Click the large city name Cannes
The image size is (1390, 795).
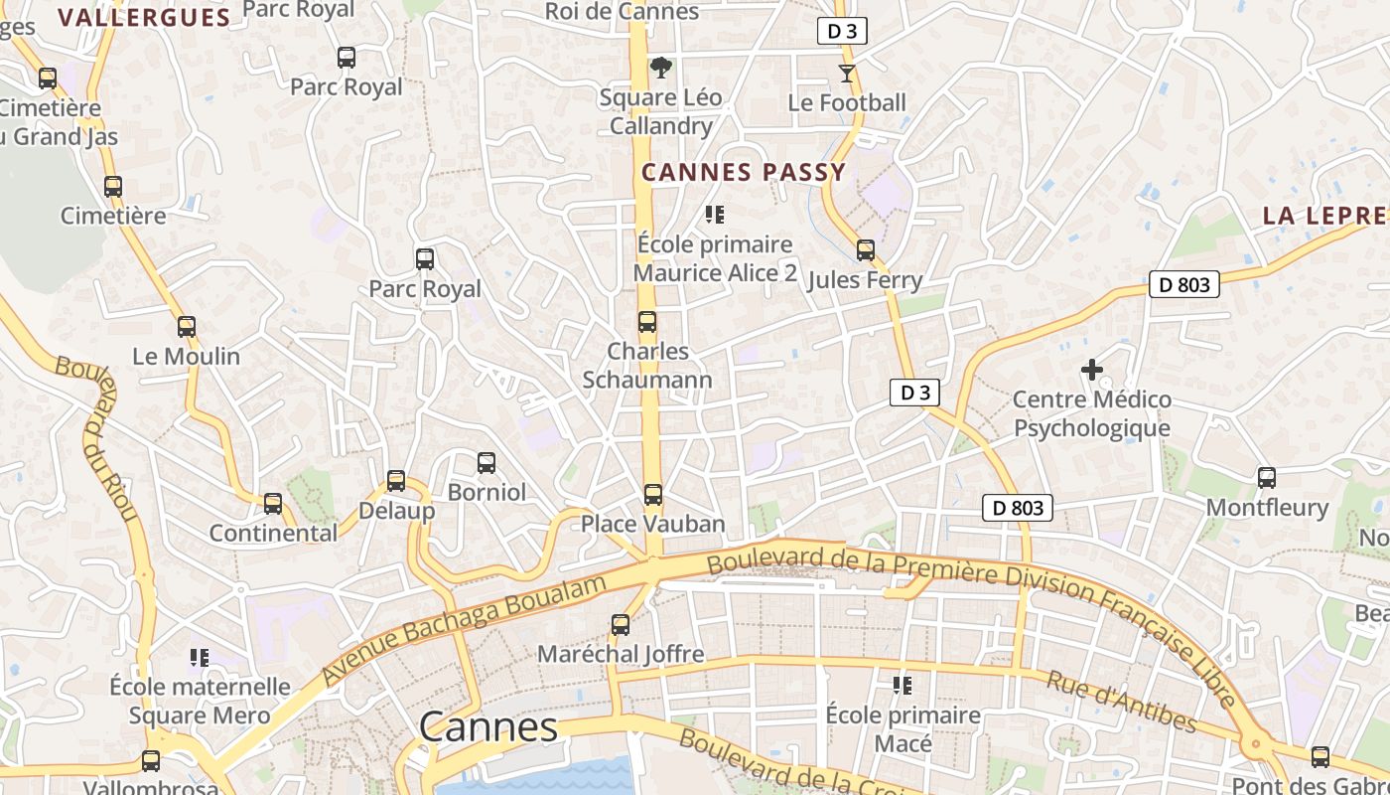click(487, 727)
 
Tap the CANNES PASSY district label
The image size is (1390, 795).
click(744, 172)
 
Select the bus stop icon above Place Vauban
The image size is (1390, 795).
click(652, 494)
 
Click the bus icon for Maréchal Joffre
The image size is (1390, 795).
click(621, 625)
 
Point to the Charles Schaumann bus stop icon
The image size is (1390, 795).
click(647, 322)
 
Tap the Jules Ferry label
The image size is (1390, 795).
click(865, 280)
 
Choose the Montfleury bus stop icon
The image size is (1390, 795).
click(1267, 478)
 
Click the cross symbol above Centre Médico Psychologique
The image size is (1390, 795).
click(1092, 371)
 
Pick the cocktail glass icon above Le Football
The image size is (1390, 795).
click(846, 73)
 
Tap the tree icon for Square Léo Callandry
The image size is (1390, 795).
click(660, 68)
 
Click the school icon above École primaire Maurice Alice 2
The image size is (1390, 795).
click(714, 214)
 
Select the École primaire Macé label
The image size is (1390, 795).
click(903, 729)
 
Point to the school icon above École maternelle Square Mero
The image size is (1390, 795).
click(200, 657)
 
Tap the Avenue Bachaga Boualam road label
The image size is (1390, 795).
click(464, 629)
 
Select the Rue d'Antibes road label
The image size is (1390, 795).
click(1121, 702)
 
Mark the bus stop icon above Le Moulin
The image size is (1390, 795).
click(187, 327)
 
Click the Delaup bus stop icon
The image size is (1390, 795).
click(396, 481)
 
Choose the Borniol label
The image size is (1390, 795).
click(486, 492)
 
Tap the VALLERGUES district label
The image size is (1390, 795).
click(144, 17)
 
